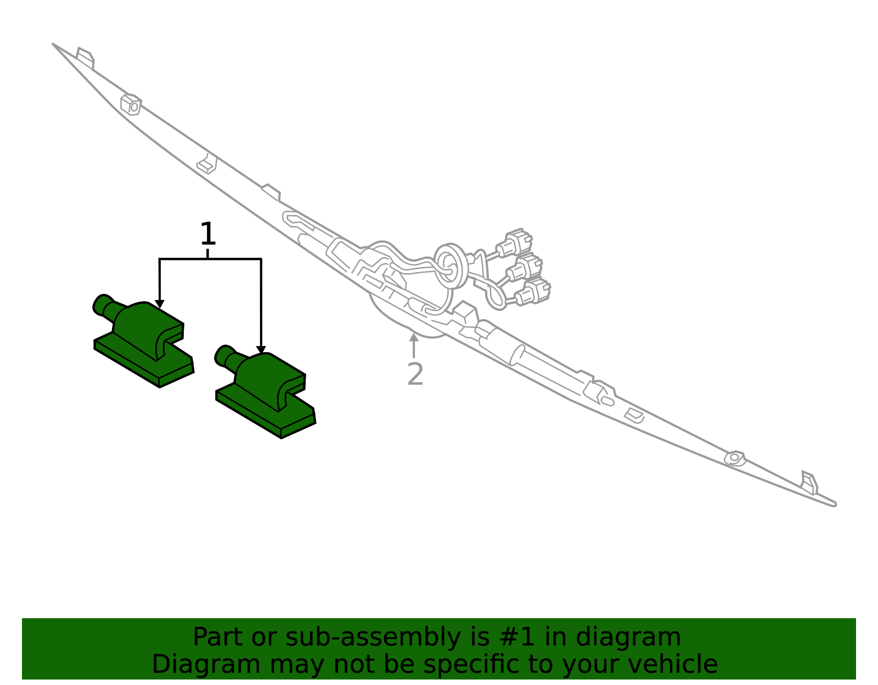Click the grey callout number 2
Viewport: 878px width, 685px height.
(x=415, y=374)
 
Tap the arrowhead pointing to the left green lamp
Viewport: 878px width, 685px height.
(x=160, y=304)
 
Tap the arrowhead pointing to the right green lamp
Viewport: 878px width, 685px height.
(x=261, y=350)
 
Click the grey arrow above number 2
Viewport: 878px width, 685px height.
(x=413, y=346)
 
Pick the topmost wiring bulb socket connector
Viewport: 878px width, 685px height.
(x=515, y=242)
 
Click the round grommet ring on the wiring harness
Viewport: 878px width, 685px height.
(x=450, y=265)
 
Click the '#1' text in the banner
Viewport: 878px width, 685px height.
(x=517, y=637)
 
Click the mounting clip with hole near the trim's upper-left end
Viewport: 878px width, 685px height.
(x=131, y=105)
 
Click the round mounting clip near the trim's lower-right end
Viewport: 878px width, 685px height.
(x=735, y=458)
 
